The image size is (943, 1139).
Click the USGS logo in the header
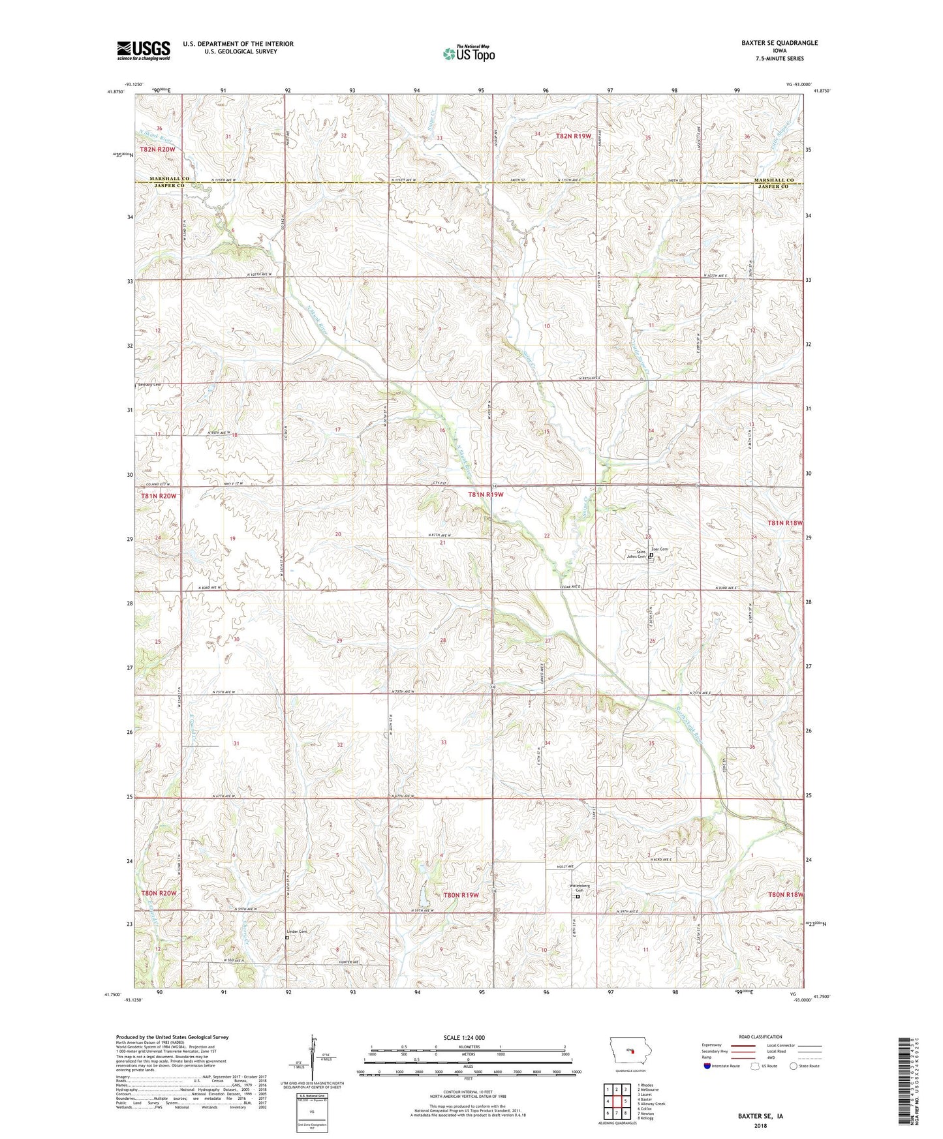point(143,50)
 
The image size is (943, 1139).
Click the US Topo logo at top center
point(468,53)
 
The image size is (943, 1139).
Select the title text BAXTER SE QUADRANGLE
point(779,43)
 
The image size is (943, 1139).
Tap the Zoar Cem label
point(659,549)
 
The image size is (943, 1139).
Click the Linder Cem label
point(296,932)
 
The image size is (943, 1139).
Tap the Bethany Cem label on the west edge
point(149,385)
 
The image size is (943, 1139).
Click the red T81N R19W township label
point(486,495)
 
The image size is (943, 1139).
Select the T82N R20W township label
point(157,149)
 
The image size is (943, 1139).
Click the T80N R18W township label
point(786,896)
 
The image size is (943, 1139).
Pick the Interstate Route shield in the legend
point(708,1066)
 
